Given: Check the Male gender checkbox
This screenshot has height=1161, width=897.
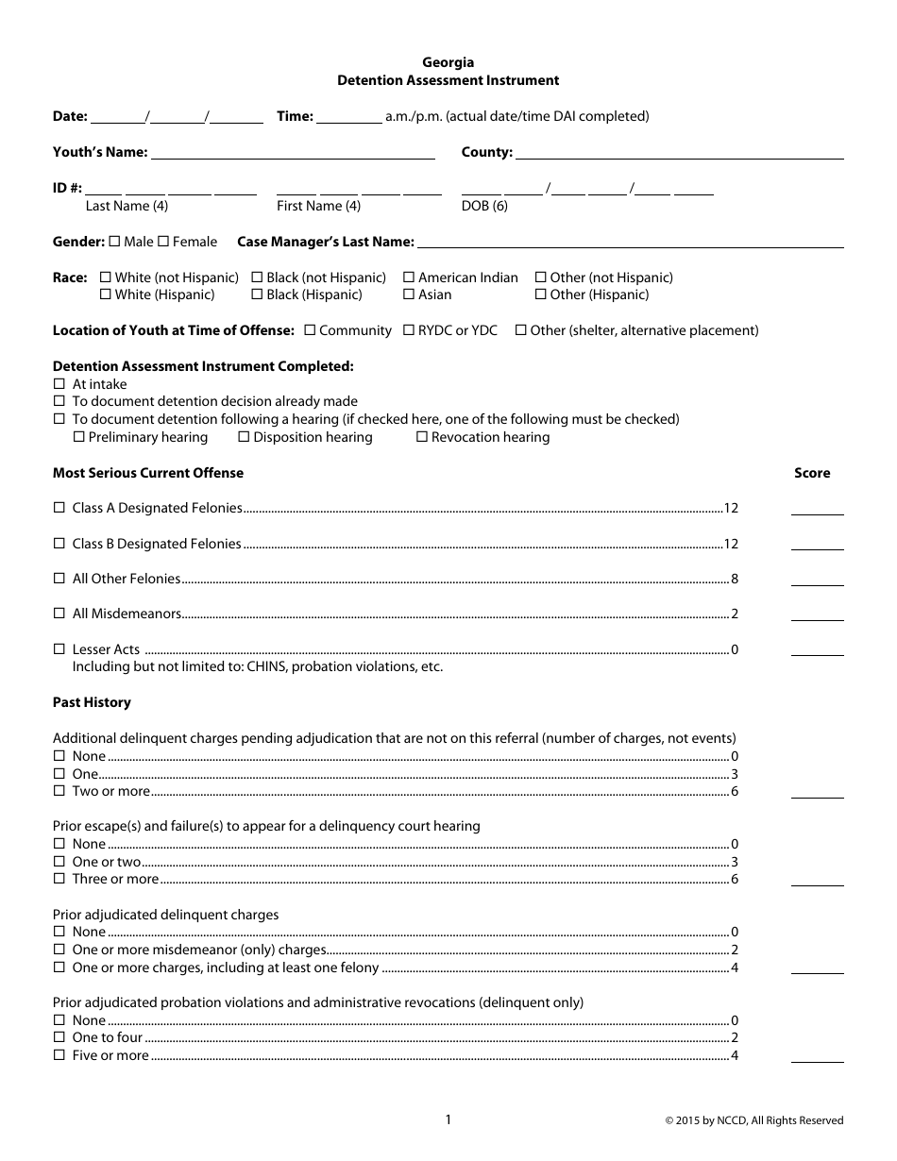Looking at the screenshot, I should pos(115,242).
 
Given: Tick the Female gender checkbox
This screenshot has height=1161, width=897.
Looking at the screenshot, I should pos(162,242).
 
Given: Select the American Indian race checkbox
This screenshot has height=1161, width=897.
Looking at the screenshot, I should pos(409,278).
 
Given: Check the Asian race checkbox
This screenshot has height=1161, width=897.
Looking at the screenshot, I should pos(409,294).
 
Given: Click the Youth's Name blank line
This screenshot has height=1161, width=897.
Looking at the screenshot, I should pos(293,153).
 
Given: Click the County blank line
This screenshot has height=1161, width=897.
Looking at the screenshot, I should pos(679,153).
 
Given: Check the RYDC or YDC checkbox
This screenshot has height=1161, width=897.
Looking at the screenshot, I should pos(409,330).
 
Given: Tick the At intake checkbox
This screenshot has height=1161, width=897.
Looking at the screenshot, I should pos(59,384).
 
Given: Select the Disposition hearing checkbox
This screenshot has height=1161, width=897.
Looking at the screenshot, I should pos(244,437).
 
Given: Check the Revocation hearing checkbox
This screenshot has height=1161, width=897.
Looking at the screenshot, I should pos(421,437).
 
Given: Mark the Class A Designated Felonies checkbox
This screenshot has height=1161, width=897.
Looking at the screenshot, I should pos(59,508).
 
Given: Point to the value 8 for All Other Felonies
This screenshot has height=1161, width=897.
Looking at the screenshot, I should pos(734,579).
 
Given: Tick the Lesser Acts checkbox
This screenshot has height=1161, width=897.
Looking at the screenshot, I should pos(59,649).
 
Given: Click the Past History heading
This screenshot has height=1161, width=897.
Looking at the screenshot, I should pos(92,702).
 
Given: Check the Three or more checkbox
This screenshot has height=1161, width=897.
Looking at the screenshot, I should pos(59,879).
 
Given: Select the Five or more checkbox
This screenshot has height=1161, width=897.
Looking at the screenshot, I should pos(59,1055).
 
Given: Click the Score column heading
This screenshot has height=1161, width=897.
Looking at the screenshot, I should pos(812,473).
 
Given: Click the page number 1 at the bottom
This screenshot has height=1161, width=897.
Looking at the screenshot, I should pos(448,1119).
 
